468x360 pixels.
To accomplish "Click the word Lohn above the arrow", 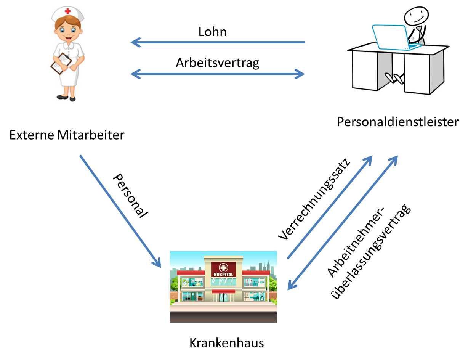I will [x=213, y=32].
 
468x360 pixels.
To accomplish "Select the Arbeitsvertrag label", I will [x=217, y=63].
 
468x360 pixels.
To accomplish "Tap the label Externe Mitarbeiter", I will [x=67, y=135].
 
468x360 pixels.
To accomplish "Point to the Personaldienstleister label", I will [x=398, y=122].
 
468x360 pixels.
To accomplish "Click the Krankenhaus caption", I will [x=226, y=343].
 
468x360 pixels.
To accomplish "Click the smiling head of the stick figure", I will [x=414, y=16].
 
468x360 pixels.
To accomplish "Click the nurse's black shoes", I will [x=67, y=98].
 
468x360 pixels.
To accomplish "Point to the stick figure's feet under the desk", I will [x=396, y=78].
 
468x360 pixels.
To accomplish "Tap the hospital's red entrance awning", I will [x=223, y=291].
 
